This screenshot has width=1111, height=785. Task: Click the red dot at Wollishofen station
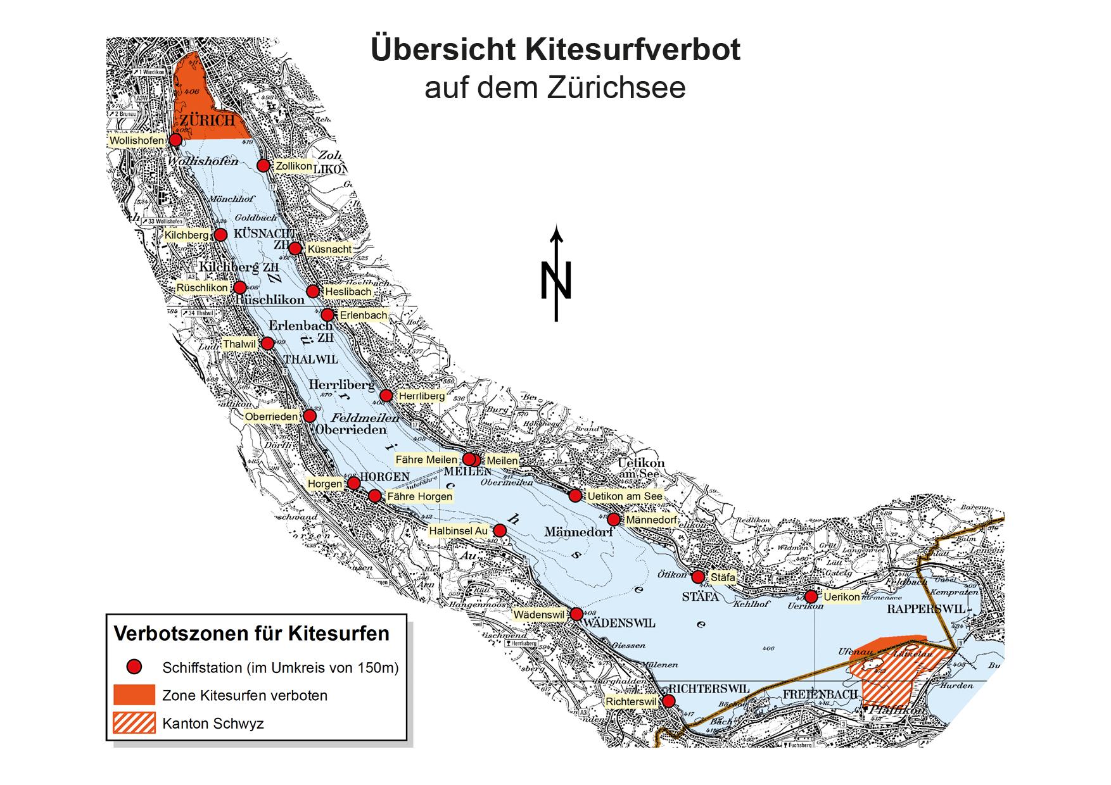(x=175, y=139)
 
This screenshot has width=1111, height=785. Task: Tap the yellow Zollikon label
(x=294, y=166)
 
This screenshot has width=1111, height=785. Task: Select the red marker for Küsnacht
(x=295, y=248)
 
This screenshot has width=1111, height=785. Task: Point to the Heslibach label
(x=348, y=292)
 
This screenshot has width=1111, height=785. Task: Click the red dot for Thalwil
(x=267, y=344)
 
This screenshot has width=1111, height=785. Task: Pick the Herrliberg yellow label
(x=421, y=396)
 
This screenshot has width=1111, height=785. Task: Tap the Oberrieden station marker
(x=309, y=416)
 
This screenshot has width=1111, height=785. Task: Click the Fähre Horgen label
(x=419, y=496)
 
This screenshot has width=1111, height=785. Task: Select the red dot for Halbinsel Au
(x=499, y=531)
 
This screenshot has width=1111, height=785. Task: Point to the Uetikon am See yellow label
(x=625, y=496)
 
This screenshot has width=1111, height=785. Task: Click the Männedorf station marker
(x=613, y=520)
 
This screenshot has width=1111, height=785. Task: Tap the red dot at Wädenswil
(x=576, y=614)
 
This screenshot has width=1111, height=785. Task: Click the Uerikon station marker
(x=811, y=596)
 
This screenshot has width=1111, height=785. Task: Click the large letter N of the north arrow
(x=556, y=280)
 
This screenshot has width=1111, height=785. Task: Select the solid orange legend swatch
(x=134, y=694)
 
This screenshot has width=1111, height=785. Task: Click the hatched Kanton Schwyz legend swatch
(x=134, y=723)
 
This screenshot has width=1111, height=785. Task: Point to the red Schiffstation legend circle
(x=134, y=667)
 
